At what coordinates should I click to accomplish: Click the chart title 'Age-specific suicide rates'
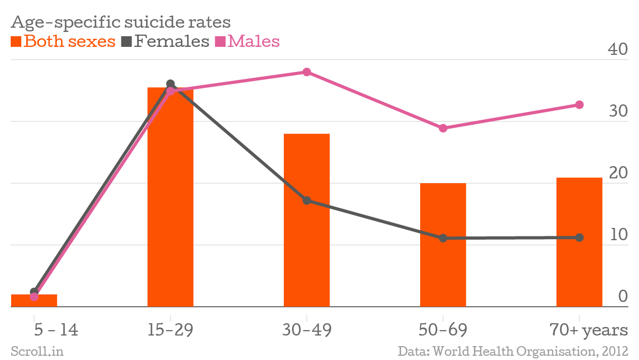pos(121,22)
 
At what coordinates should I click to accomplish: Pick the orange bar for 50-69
pos(443,245)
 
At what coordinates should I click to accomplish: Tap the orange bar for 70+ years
pos(579,242)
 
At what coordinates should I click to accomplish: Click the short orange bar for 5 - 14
pos(34,301)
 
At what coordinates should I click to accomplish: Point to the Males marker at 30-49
pos(307,72)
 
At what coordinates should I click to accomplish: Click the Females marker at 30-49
pos(307,201)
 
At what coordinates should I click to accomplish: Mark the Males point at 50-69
pos(443,128)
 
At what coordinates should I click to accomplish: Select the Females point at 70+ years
pos(579,238)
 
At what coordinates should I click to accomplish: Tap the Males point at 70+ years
pos(579,105)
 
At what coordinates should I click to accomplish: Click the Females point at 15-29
pos(170,84)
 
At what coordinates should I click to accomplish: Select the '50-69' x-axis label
pos(443,330)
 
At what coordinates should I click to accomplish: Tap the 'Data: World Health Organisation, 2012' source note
pos(513,351)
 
